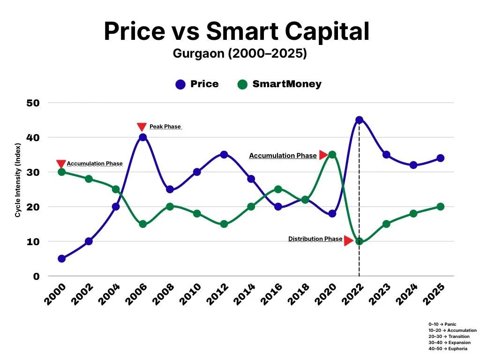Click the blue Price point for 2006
142,137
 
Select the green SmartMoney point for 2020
332,155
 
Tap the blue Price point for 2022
359,120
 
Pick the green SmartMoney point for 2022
359,241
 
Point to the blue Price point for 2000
61,259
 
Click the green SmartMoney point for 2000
61,172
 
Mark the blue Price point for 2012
224,155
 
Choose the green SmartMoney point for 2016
278,189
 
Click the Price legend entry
197,84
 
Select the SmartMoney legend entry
279,84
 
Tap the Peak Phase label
165,127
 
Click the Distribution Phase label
315,239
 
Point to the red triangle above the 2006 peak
142,127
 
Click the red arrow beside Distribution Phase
348,241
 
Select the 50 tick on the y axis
33,103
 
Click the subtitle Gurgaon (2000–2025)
240,53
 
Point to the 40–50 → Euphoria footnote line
447,349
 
